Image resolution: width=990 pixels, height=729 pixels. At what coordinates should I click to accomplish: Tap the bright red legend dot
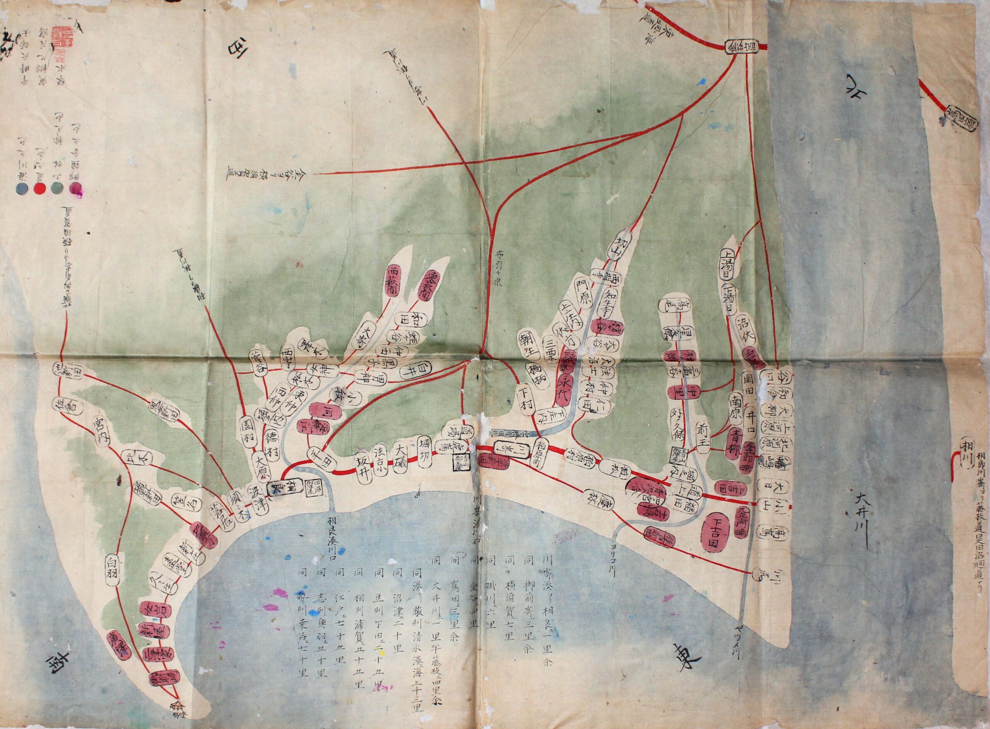point(39,188)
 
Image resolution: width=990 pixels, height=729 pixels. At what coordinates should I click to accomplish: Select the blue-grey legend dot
point(19,188)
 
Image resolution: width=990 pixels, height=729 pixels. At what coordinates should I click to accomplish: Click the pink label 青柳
point(733,442)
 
